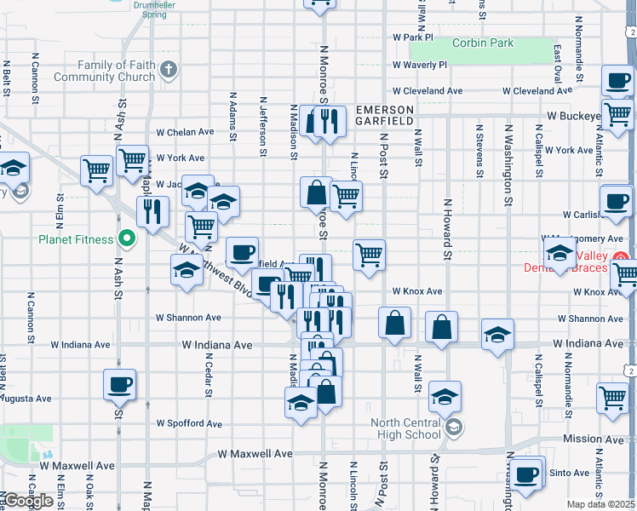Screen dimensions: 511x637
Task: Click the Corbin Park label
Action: coord(483,43)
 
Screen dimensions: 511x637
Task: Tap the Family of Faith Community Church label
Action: coord(106,71)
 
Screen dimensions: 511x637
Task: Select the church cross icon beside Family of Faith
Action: coord(169,70)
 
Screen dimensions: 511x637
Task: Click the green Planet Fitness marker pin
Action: coord(127,238)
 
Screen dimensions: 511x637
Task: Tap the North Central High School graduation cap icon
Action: coord(454,427)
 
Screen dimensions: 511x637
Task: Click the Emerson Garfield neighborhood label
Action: coord(385,116)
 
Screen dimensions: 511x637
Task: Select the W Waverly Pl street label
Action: coord(420,65)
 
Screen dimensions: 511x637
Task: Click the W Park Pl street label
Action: coord(414,37)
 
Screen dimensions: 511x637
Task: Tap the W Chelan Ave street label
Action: coord(186,132)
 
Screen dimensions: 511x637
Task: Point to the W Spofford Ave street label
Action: coord(189,423)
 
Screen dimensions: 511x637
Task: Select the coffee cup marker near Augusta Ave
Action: coord(119,385)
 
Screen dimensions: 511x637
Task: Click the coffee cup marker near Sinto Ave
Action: coord(526,473)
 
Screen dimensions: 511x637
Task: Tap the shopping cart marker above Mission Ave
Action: coord(613,398)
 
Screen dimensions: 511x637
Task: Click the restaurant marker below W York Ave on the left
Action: coord(152,211)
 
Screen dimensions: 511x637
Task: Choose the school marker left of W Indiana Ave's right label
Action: coord(497,335)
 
